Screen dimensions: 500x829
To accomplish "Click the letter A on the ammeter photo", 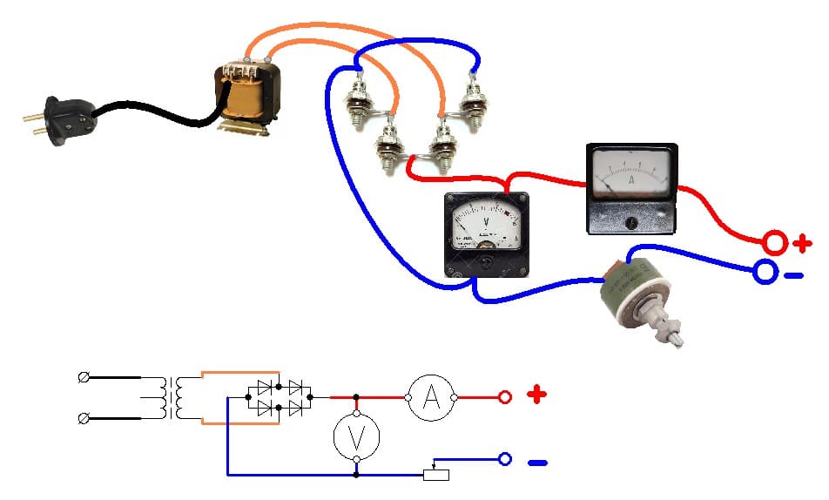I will point(630,180).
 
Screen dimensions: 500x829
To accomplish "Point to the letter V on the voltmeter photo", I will point(484,222).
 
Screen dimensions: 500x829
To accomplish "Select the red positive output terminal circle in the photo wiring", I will point(774,241).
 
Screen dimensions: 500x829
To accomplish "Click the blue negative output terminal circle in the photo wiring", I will point(765,273).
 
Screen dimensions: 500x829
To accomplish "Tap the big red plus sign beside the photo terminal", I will point(802,243).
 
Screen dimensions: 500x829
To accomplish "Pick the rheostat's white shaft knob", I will point(670,331).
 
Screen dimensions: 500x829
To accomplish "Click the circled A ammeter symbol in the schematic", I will point(430,398).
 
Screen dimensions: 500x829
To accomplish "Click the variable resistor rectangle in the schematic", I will point(435,475).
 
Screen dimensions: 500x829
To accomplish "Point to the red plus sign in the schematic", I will point(537,396).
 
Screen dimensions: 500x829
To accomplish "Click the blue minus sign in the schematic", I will point(537,463).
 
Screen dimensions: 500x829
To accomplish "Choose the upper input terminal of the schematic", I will point(83,378).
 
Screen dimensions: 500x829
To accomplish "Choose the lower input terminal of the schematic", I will point(83,419).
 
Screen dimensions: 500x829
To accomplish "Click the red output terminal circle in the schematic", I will point(504,398).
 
